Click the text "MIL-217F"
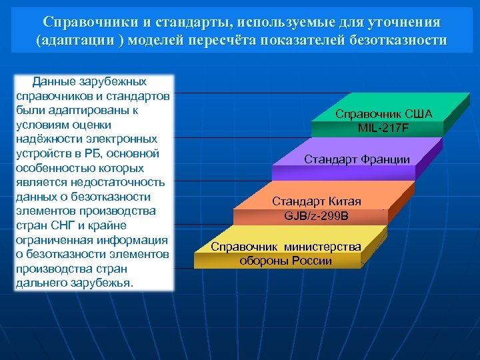[383, 127]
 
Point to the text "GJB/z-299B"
[316, 215]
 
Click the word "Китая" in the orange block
[345, 201]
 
